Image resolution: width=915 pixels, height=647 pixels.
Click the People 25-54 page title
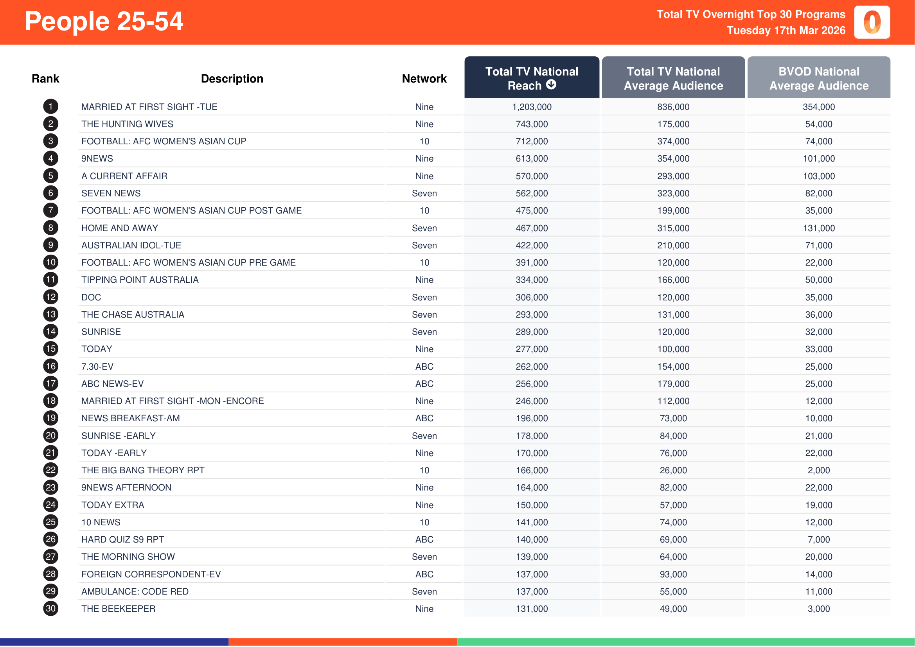point(104,22)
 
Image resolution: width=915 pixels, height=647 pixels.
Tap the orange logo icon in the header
point(872,22)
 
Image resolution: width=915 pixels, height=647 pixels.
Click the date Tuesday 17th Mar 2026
point(786,31)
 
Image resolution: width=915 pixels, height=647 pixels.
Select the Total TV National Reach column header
point(531,78)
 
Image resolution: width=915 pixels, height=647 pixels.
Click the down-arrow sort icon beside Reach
point(551,85)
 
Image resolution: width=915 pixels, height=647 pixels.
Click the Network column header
point(424,79)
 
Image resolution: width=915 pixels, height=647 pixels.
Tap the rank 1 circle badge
point(50,107)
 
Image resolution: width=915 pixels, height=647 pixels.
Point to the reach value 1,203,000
point(532,107)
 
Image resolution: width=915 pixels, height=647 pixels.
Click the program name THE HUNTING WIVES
point(127,124)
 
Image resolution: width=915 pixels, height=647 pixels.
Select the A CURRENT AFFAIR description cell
point(124,176)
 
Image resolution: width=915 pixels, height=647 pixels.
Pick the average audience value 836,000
point(673,107)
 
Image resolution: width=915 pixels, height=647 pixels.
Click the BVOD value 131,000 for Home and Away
point(818,228)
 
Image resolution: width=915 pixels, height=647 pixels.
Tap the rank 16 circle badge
point(50,367)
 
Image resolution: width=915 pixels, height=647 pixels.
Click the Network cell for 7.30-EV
point(424,367)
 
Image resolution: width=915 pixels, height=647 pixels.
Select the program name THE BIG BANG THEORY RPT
point(143,471)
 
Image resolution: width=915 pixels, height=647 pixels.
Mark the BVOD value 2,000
point(818,471)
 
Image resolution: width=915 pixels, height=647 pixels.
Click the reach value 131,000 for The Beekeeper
point(532,609)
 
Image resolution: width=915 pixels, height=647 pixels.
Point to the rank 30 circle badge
point(50,609)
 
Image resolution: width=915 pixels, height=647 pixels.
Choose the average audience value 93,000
point(673,575)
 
